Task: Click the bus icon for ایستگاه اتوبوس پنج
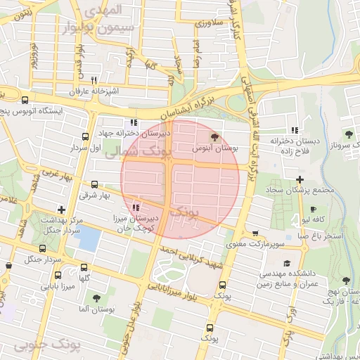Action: pos(26,101)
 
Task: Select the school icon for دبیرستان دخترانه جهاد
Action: pos(134,122)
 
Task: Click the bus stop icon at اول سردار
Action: pos(85,137)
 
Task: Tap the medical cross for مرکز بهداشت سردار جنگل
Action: pos(62,209)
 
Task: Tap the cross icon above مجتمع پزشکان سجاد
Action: pos(300,179)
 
